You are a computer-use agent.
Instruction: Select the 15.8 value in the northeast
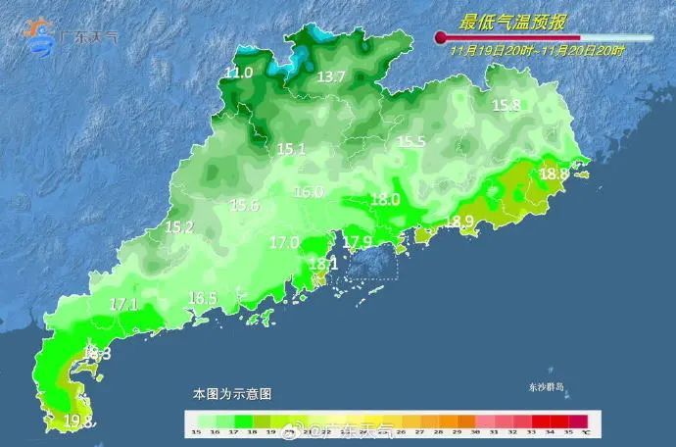pos(507,106)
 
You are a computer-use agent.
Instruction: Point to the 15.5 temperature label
pos(411,142)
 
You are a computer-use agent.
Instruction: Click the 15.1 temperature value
pos(292,150)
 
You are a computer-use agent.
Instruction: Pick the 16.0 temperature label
pos(309,192)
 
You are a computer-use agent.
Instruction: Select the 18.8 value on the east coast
pos(554,174)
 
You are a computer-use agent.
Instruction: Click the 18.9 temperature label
pos(459,222)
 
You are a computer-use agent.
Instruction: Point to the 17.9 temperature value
pos(357,242)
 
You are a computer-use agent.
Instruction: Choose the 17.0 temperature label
pos(285,242)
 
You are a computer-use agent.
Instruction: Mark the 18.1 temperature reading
pos(323,264)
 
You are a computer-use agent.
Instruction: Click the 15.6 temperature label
pos(244,206)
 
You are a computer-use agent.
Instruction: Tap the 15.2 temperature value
pos(178,227)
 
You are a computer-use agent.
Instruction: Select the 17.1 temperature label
pos(123,304)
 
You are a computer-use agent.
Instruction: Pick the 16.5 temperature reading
pos(203,298)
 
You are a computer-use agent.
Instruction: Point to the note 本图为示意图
pos(232,393)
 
